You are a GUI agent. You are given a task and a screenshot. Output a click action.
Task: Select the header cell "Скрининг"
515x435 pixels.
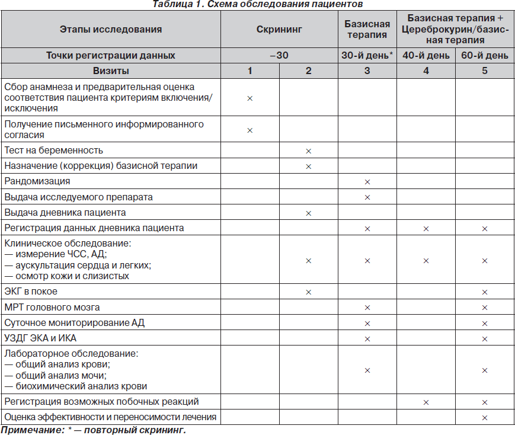click(279, 29)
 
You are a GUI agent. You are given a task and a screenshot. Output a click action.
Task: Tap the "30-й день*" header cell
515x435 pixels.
click(367, 56)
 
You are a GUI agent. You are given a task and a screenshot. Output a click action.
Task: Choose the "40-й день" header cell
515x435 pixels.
click(426, 56)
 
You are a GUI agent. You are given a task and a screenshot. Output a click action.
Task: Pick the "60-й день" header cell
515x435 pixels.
click(485, 56)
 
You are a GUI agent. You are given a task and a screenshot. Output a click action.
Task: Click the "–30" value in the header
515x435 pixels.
click(279, 56)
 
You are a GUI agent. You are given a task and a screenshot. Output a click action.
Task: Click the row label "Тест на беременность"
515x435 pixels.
click(54, 150)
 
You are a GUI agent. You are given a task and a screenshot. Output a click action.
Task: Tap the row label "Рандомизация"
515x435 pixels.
click(37, 181)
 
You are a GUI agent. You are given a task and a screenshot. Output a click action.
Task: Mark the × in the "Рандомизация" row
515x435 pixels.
click(367, 181)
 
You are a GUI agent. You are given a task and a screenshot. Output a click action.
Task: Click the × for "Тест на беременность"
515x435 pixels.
click(308, 151)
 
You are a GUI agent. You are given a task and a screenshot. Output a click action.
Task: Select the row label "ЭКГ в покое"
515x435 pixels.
click(31, 292)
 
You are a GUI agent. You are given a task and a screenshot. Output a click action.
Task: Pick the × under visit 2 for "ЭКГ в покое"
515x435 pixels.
click(308, 292)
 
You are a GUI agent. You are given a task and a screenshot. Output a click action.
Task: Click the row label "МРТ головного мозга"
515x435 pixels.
click(52, 307)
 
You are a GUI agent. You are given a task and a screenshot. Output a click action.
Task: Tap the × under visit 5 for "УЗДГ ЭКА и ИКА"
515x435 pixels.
click(485, 339)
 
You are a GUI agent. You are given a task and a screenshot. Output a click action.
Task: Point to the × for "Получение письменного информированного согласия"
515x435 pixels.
click(249, 130)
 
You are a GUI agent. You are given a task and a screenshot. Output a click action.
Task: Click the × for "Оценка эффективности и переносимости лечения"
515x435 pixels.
click(485, 417)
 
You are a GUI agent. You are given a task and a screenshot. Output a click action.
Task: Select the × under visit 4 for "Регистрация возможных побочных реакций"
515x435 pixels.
click(426, 402)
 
